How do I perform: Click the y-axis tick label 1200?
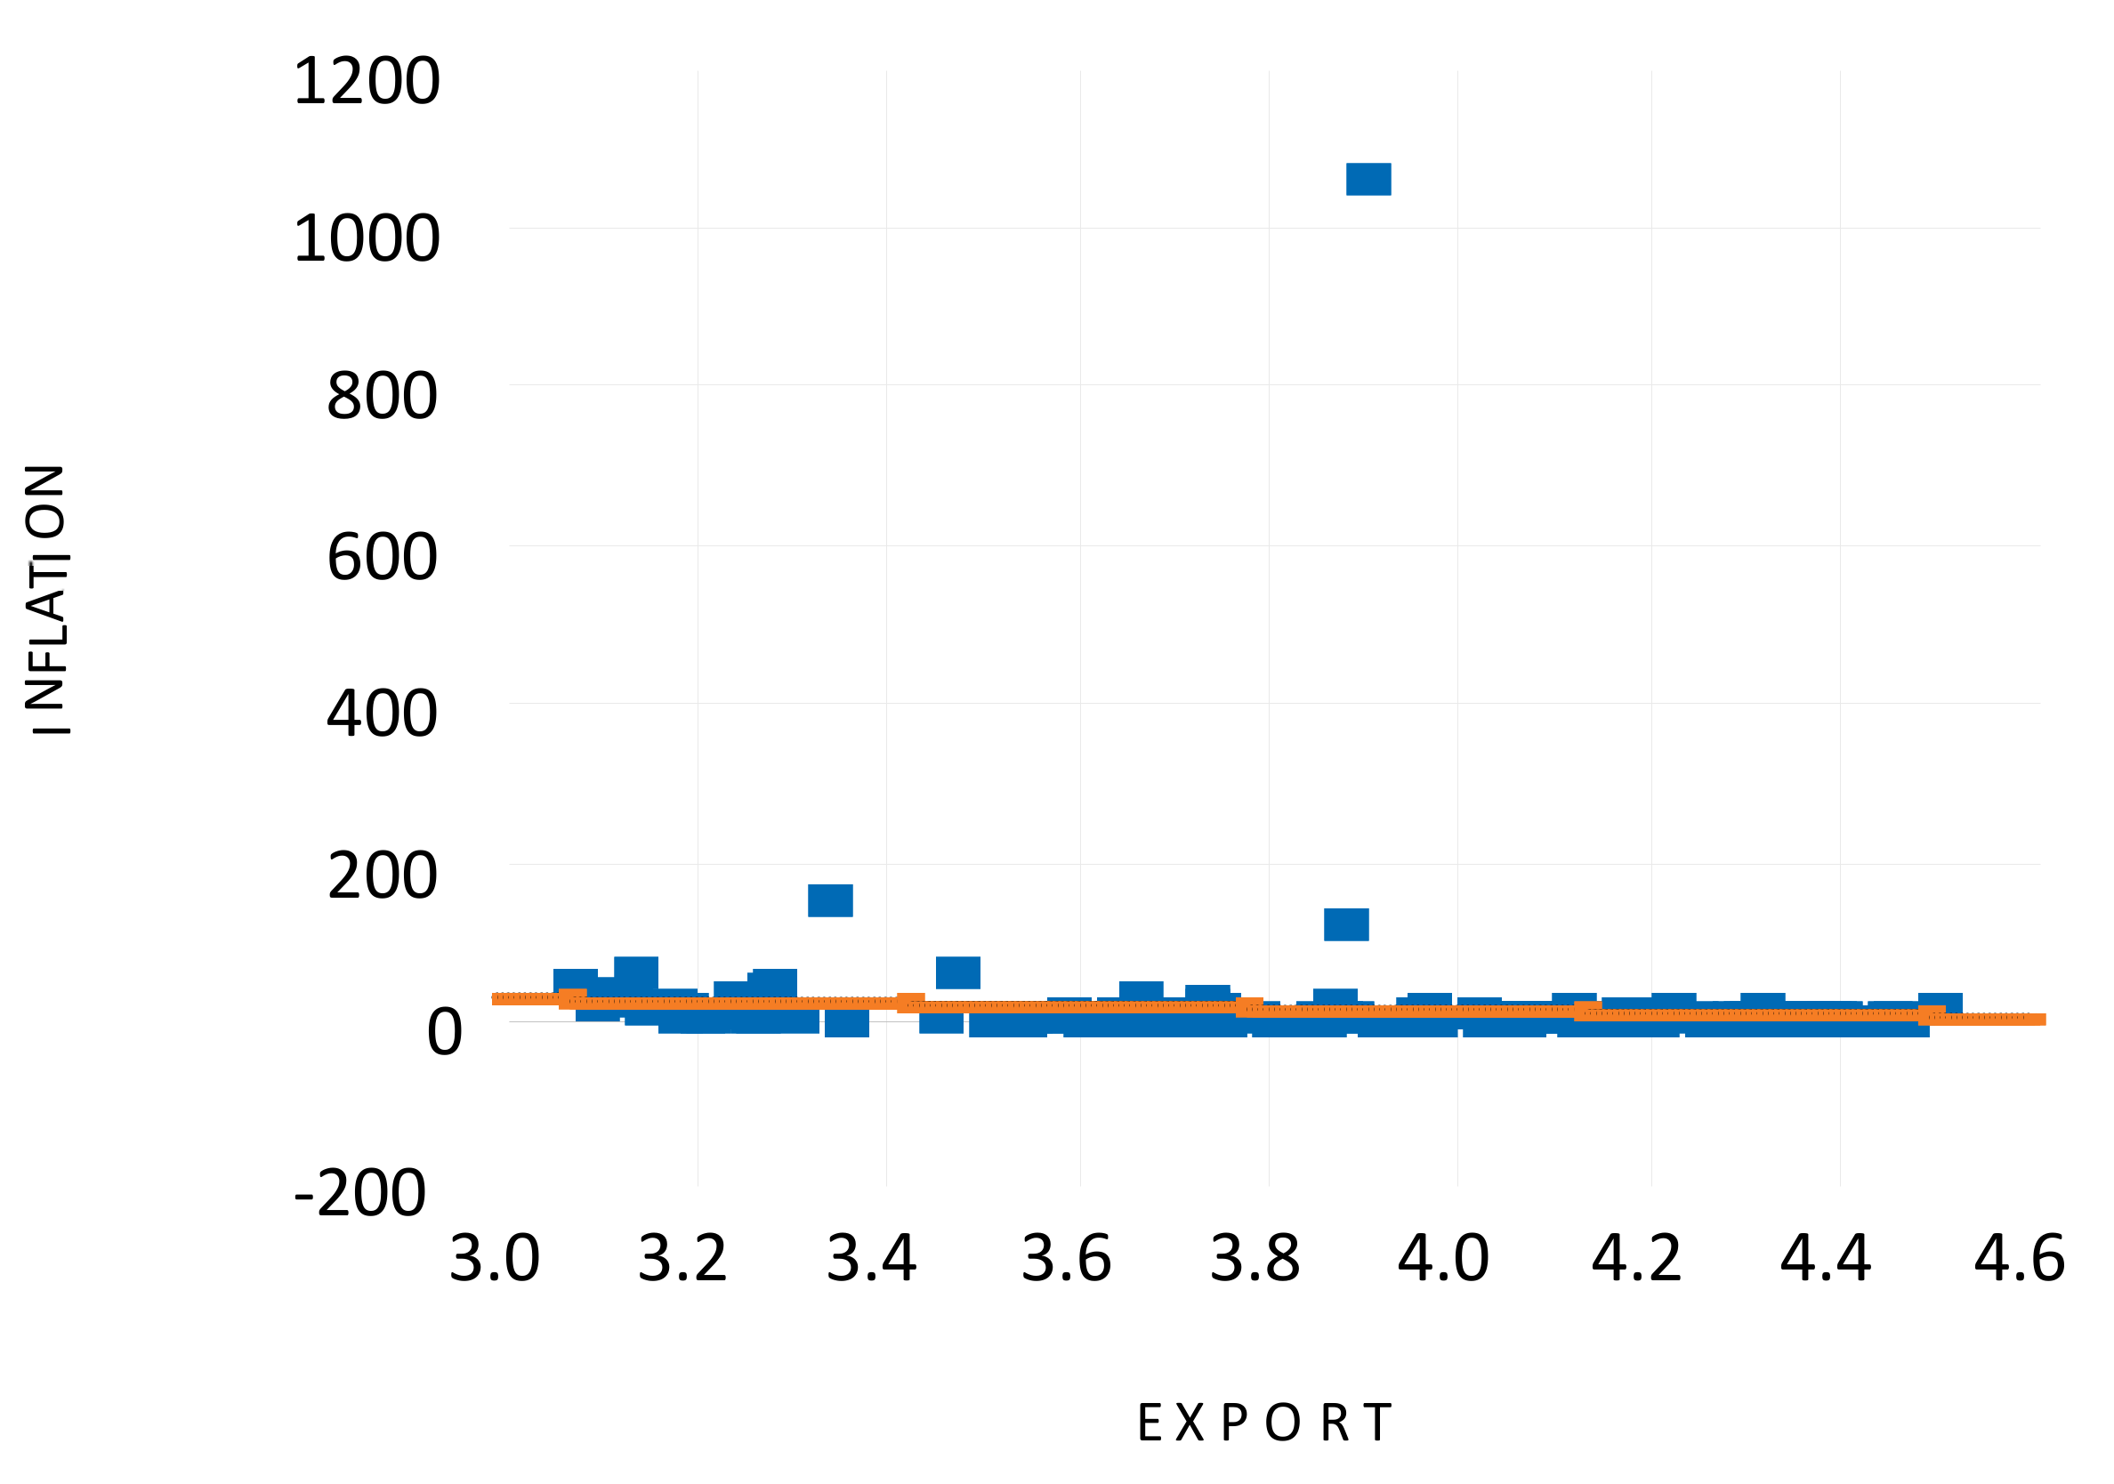tap(367, 82)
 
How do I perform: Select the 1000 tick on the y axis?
tap(367, 239)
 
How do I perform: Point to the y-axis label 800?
tap(382, 397)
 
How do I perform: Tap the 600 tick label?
tap(382, 558)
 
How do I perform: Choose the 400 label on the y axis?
tap(382, 714)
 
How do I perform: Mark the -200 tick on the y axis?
tap(360, 1194)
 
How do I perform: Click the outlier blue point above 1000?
tap(1368, 180)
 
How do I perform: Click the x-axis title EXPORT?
tap(1264, 1424)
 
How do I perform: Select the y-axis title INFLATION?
tap(46, 600)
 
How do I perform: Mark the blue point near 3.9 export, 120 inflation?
tap(1346, 924)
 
